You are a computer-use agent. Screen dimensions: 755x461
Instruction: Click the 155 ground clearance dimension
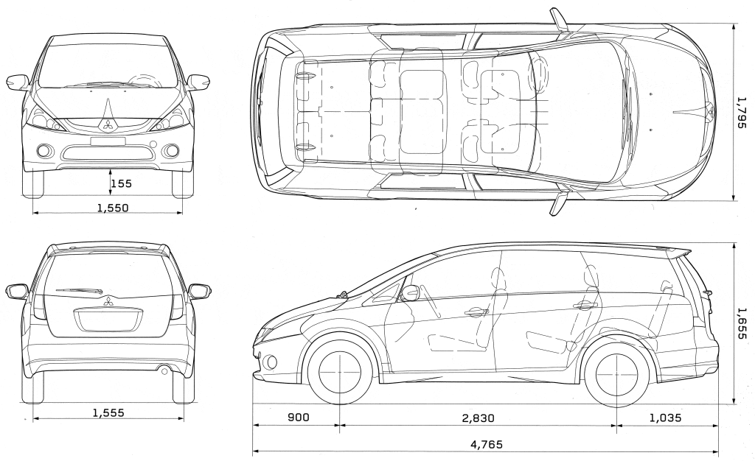[121, 183]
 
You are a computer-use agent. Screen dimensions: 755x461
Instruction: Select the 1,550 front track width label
[113, 208]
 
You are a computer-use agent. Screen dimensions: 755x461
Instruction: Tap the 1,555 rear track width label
[108, 412]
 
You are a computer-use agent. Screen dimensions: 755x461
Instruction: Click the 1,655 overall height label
[742, 323]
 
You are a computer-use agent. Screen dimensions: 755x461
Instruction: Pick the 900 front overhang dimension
[299, 418]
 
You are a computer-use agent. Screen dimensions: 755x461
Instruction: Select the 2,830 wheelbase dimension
[478, 418]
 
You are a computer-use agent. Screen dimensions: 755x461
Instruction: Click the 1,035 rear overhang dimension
[666, 418]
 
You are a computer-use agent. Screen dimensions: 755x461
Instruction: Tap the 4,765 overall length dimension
[487, 444]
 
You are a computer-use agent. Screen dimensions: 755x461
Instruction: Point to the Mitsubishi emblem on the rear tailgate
[108, 301]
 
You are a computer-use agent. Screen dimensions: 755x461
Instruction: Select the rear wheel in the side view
[617, 373]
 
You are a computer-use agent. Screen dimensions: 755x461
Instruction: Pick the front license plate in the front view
[108, 141]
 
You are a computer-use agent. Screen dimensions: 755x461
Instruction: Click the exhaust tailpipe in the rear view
[164, 370]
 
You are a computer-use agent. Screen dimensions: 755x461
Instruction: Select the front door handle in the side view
[476, 312]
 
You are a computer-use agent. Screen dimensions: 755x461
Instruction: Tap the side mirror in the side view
[410, 292]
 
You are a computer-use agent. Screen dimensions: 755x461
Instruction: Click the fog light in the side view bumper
[271, 362]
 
